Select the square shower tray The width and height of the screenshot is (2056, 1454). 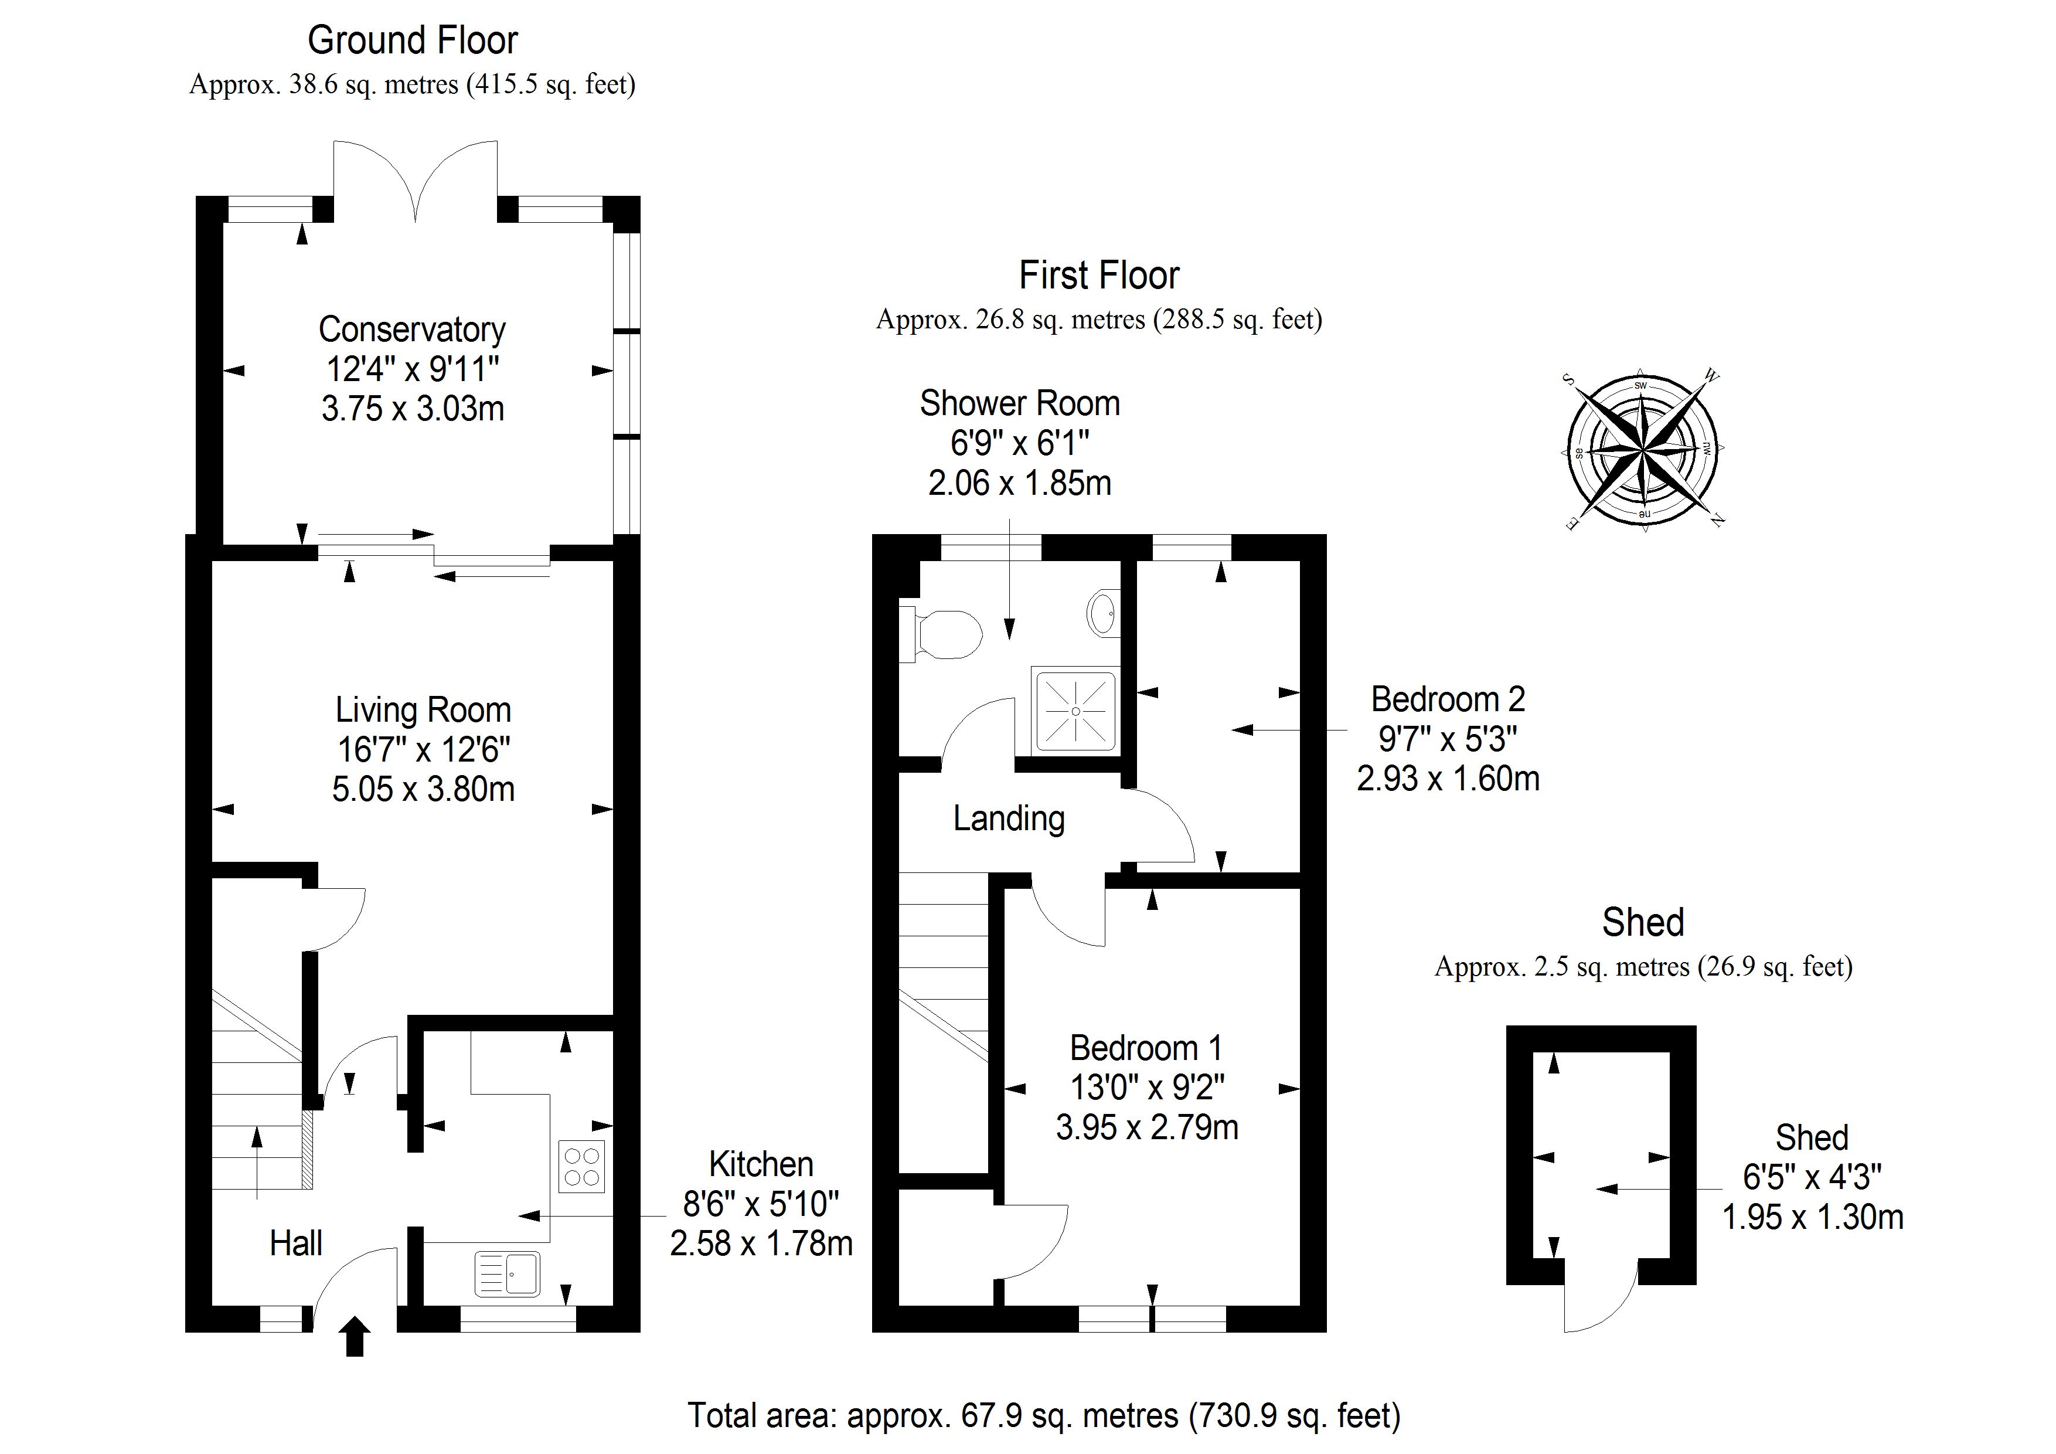click(x=1075, y=711)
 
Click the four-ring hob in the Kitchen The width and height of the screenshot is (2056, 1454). click(x=582, y=1167)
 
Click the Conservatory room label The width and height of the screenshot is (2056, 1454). click(x=412, y=329)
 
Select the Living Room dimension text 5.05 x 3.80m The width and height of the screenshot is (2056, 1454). click(x=424, y=789)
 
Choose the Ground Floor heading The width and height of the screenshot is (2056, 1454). click(x=413, y=40)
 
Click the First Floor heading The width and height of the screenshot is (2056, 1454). click(x=1099, y=275)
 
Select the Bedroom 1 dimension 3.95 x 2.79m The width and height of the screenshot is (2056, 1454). click(x=1147, y=1127)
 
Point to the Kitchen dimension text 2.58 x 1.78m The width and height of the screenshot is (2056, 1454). click(x=761, y=1244)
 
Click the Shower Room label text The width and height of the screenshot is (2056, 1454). click(x=1020, y=404)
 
